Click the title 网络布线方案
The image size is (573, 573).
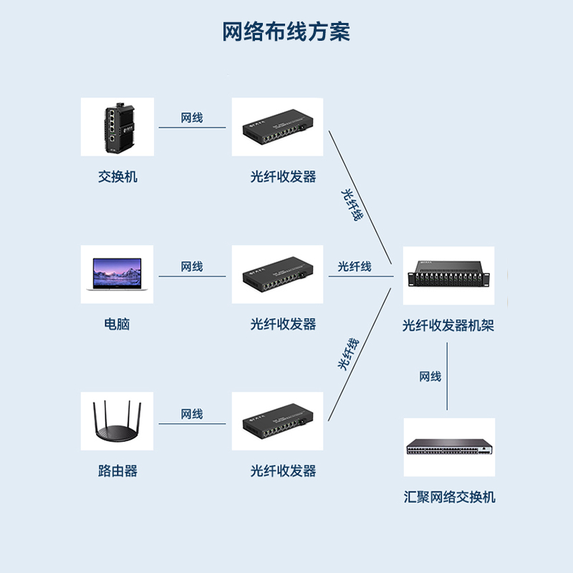[x=286, y=33]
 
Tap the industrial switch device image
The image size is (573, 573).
[x=117, y=127]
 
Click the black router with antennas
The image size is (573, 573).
[x=117, y=423]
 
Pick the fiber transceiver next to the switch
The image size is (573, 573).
[x=277, y=127]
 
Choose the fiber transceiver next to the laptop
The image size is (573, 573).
[x=277, y=274]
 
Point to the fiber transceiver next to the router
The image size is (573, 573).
[x=277, y=421]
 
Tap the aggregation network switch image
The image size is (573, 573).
[x=448, y=448]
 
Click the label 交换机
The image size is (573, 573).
[x=117, y=176]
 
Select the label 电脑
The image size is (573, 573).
[x=117, y=324]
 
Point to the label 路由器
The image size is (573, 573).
[x=117, y=471]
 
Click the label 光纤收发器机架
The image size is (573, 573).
[x=448, y=326]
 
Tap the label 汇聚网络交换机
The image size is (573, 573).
[x=448, y=497]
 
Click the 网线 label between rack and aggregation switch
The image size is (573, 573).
[x=430, y=377]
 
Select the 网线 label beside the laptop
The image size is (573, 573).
[x=192, y=266]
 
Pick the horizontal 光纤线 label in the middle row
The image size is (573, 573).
[x=355, y=266]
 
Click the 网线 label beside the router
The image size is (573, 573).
[x=192, y=414]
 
